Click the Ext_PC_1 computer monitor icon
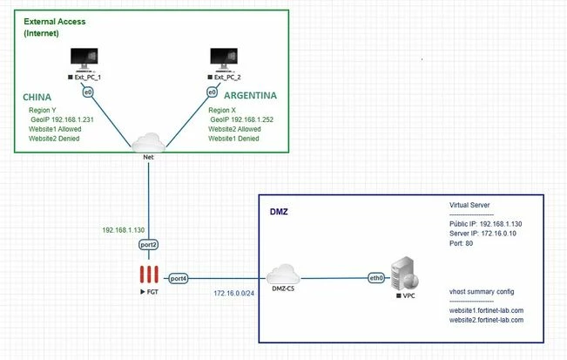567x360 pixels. [84, 60]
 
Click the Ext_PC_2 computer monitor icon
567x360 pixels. [224, 60]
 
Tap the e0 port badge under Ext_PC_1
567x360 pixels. [88, 92]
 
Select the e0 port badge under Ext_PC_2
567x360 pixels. [212, 92]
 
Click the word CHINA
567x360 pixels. [37, 97]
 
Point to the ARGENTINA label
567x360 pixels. [250, 96]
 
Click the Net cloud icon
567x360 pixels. [149, 143]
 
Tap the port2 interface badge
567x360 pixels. [149, 245]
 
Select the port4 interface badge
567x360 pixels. [179, 279]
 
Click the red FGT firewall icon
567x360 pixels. [149, 275]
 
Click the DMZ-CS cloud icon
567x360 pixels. [283, 275]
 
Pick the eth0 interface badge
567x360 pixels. [376, 278]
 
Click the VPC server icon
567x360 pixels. [405, 274]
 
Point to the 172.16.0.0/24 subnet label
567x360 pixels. [233, 293]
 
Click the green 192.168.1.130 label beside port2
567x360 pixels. [124, 230]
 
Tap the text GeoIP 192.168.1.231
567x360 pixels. [62, 119]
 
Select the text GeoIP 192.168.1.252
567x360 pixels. [241, 119]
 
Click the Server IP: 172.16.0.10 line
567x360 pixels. [483, 234]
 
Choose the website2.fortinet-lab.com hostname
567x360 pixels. [486, 320]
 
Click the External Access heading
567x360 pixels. [55, 21]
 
